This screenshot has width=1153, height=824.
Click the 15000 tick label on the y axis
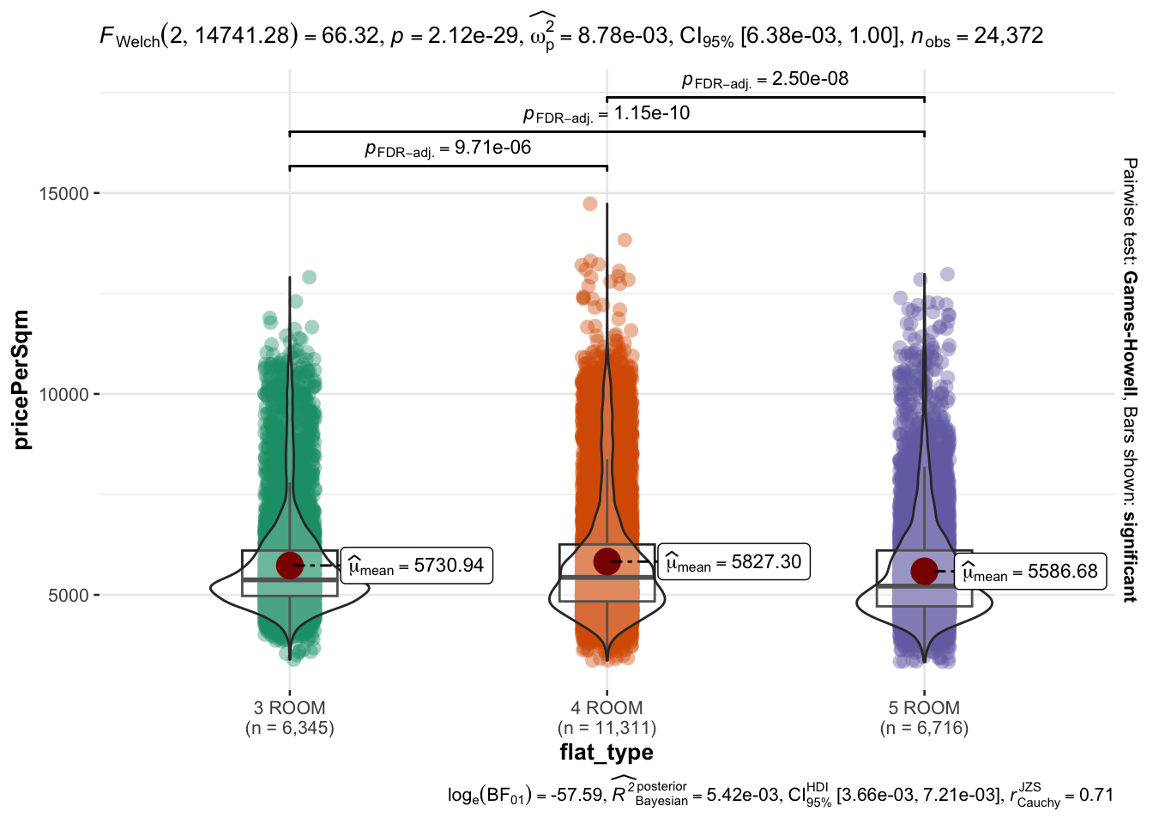point(64,194)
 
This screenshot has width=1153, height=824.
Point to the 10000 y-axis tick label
point(64,395)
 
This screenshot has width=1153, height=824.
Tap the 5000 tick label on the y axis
point(69,596)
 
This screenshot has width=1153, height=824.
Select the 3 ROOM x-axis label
point(290,708)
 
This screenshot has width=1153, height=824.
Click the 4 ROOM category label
point(607,708)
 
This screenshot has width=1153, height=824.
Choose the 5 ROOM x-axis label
point(924,708)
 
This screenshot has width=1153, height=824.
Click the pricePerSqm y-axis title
point(21,379)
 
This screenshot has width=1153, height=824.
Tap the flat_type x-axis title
point(607,753)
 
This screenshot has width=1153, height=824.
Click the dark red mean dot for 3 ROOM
point(290,565)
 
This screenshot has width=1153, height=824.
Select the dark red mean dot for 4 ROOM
point(607,561)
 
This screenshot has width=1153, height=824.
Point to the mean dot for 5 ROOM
point(924,571)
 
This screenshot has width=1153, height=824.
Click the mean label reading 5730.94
point(417,566)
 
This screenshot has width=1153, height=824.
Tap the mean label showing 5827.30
point(734,562)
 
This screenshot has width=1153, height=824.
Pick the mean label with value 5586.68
point(1030,572)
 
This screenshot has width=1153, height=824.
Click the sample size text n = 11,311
point(607,729)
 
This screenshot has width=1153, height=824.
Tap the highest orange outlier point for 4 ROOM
point(590,203)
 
